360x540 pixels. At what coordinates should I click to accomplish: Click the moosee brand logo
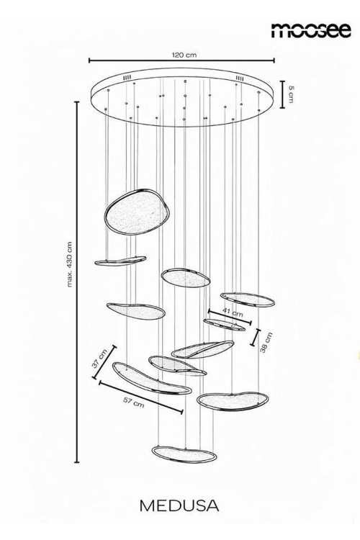click(x=311, y=30)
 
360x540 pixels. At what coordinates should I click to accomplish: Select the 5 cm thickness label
click(x=291, y=94)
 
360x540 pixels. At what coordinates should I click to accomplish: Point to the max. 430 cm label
click(x=70, y=264)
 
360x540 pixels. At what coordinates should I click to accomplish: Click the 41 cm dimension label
click(x=232, y=312)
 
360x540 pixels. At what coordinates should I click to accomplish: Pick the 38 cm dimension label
click(x=266, y=342)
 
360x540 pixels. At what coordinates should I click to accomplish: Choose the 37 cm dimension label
click(x=100, y=358)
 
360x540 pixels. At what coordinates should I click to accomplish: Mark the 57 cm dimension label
click(x=134, y=402)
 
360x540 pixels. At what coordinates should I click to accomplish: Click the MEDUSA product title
click(x=179, y=505)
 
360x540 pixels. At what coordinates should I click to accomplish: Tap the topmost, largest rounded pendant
click(x=136, y=212)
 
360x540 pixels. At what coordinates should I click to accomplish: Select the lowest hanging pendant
click(x=184, y=454)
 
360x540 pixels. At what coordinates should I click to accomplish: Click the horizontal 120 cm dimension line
click(x=181, y=60)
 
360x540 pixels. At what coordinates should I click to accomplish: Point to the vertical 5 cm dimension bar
click(x=282, y=94)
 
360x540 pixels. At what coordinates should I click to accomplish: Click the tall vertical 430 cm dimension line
click(x=77, y=282)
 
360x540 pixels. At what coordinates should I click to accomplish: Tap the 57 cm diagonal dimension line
click(x=141, y=397)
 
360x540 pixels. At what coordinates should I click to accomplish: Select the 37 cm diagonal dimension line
click(x=104, y=362)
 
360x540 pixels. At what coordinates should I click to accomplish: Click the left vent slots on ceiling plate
click(x=127, y=78)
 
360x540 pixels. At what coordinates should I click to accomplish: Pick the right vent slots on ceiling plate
click(x=240, y=78)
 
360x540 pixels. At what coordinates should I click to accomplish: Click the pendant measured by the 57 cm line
click(x=152, y=379)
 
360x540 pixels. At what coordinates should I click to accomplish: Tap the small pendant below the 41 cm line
click(x=224, y=325)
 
